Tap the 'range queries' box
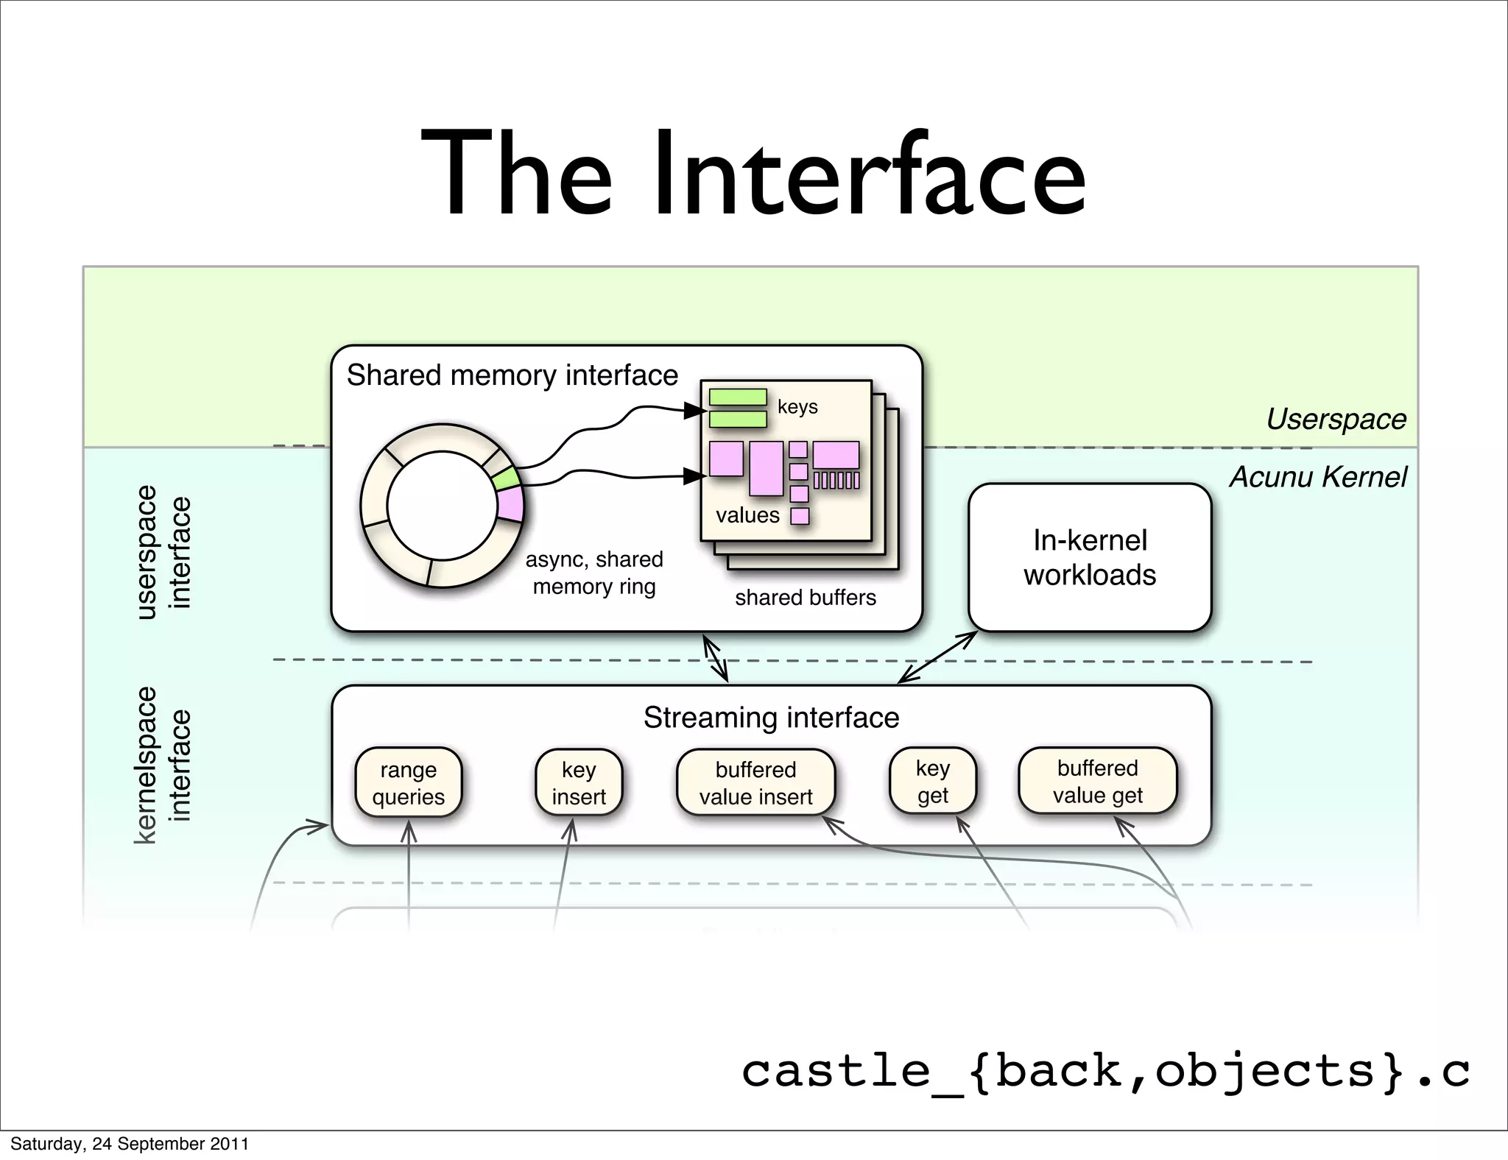(x=409, y=783)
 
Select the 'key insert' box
(x=579, y=783)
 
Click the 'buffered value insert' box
(x=755, y=783)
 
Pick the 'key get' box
(x=932, y=782)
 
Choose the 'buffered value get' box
(x=1097, y=782)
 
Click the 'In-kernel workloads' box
(x=1090, y=557)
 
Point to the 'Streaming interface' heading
(x=771, y=717)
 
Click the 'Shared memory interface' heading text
(x=512, y=375)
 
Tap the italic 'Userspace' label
(x=1336, y=419)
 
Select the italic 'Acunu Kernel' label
(x=1318, y=477)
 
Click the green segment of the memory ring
(x=507, y=479)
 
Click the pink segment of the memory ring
(x=510, y=505)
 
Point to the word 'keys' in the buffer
(x=797, y=407)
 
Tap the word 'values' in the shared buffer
(x=747, y=515)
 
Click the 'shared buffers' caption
(x=805, y=597)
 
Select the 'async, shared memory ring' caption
(x=594, y=573)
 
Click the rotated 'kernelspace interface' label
(x=163, y=765)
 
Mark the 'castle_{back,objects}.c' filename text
(x=1104, y=1071)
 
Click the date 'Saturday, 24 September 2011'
(x=130, y=1144)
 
